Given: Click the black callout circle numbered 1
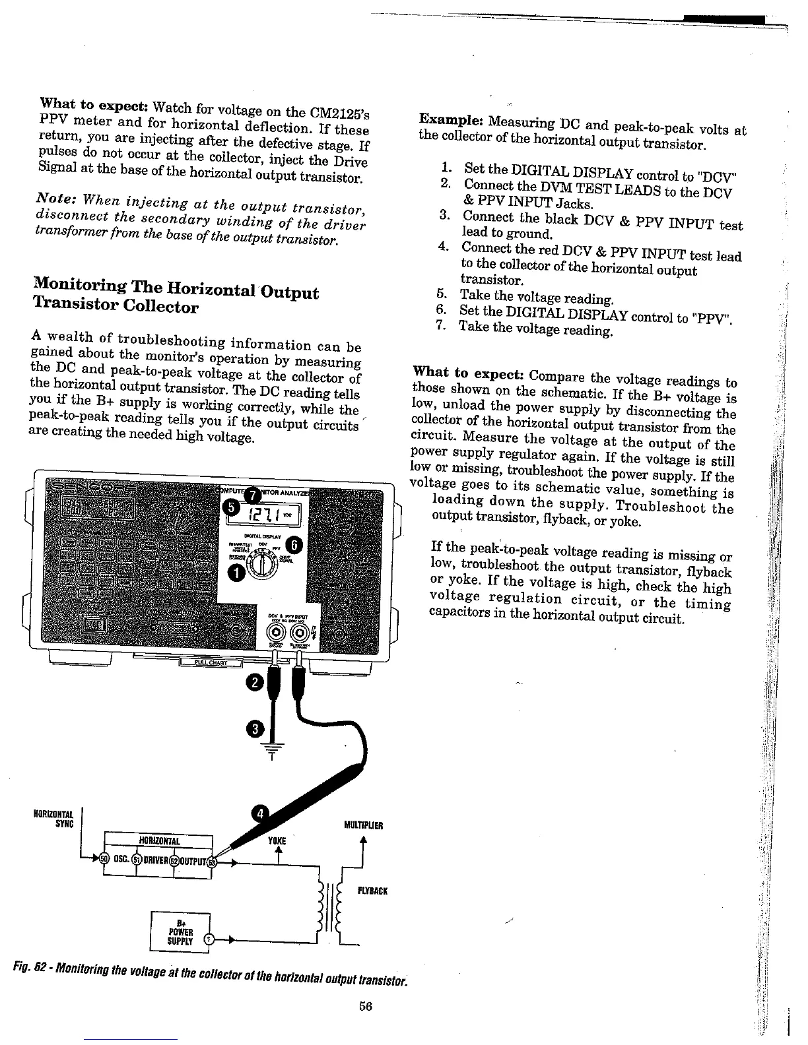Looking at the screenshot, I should pyautogui.click(x=234, y=573).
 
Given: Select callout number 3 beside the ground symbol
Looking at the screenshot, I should pyautogui.click(x=255, y=730).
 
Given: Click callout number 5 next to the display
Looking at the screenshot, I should pyautogui.click(x=230, y=507).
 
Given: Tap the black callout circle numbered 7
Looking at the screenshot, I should pyautogui.click(x=252, y=494).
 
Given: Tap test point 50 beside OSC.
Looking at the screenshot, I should pyautogui.click(x=104, y=859).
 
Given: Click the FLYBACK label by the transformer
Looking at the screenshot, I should pyautogui.click(x=372, y=891).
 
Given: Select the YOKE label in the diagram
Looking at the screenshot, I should pyautogui.click(x=277, y=841).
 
